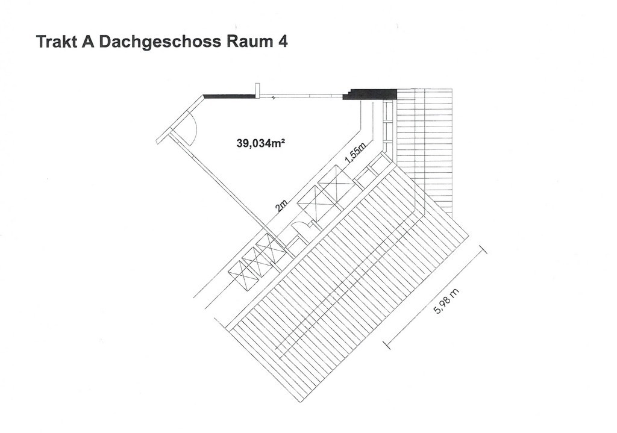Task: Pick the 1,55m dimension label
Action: pyautogui.click(x=355, y=154)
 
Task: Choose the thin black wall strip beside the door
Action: pyautogui.click(x=230, y=96)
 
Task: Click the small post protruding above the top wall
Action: pyautogui.click(x=257, y=89)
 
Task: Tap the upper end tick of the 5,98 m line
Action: pyautogui.click(x=483, y=249)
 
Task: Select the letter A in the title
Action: pyautogui.click(x=86, y=43)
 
